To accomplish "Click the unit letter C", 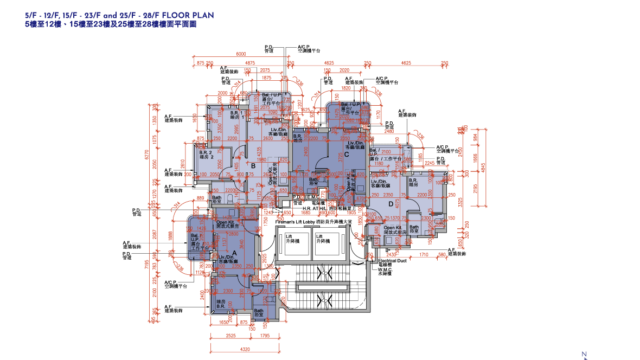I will tap(346, 155).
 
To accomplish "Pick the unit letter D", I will tap(390, 203).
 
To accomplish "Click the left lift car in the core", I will tap(296, 242).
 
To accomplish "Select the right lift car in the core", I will tap(325, 242).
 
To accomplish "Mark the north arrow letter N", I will tap(583, 353).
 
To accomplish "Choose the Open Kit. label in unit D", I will tap(391, 228).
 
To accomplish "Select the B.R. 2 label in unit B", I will tap(212, 156).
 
